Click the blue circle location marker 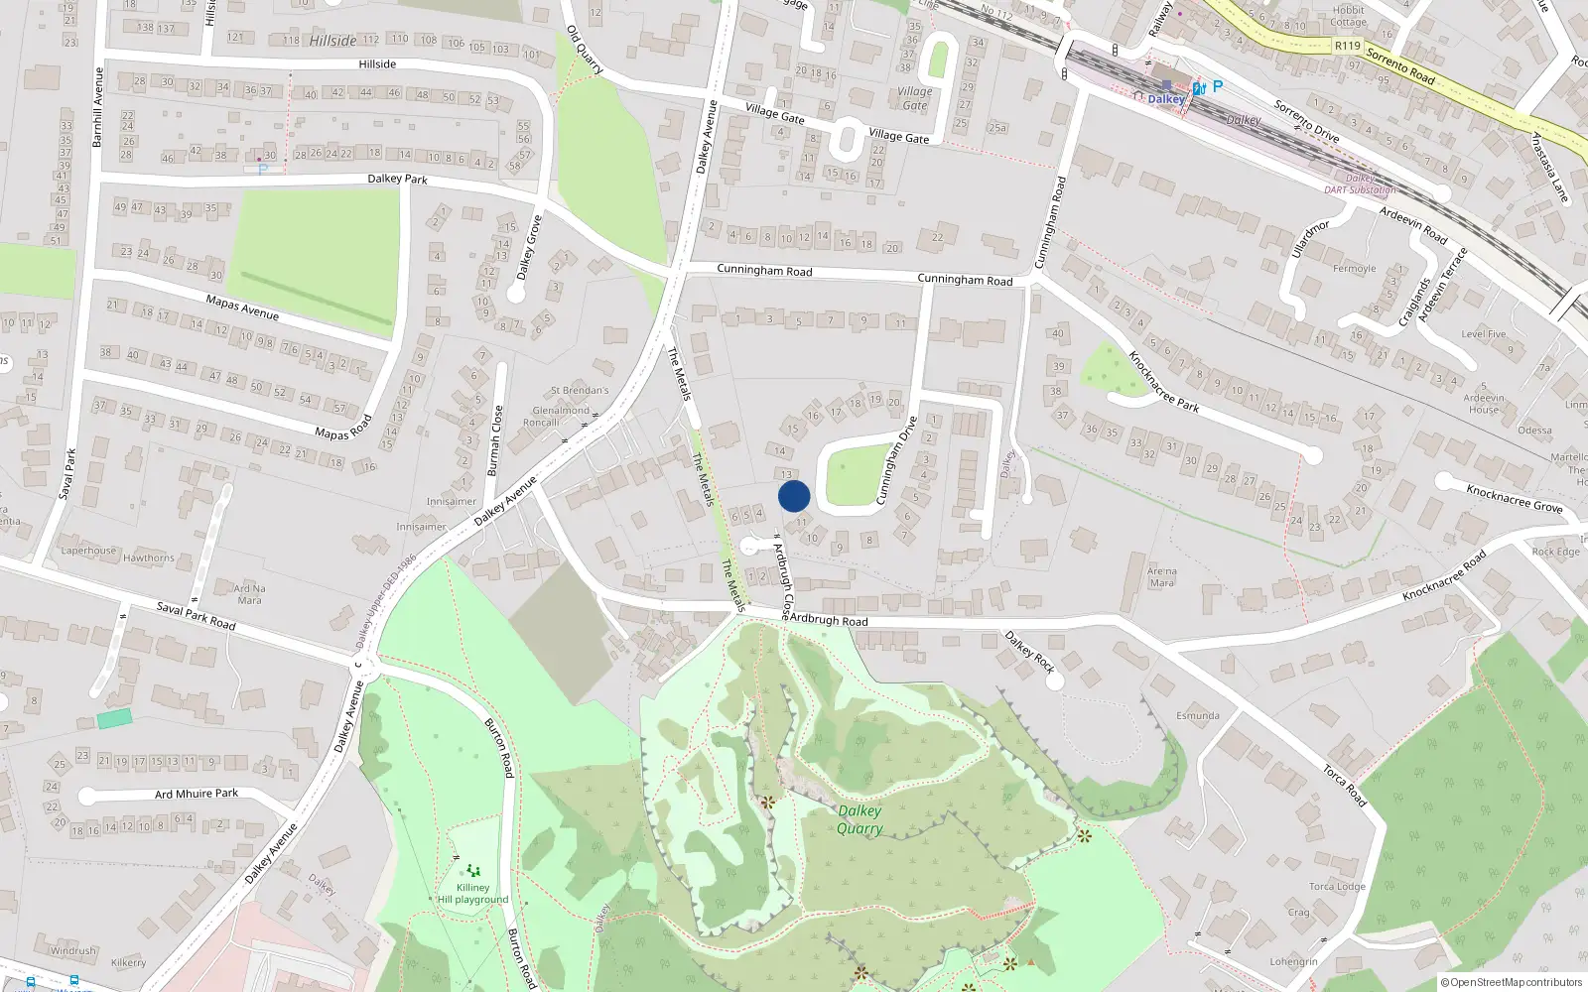coord(794,496)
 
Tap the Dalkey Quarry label coord(860,819)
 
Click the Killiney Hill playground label coord(472,894)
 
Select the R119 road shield coord(1347,46)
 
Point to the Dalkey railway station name coord(1166,99)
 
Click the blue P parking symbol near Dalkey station coord(1218,86)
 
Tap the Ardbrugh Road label coord(828,620)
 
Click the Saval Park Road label coord(196,616)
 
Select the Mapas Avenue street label coord(242,307)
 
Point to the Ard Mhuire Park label coord(197,794)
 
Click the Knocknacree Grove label coord(1514,498)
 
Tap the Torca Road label coord(1345,785)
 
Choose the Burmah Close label coord(494,440)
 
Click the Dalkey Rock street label coord(1029,652)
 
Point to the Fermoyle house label coord(1354,269)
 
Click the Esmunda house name coord(1198,715)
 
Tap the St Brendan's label coord(580,390)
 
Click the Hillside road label coord(377,64)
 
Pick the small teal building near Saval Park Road coord(114,718)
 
